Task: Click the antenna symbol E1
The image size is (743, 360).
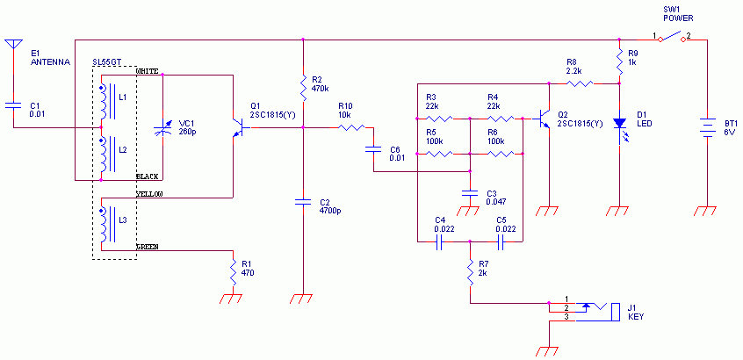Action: click(x=12, y=44)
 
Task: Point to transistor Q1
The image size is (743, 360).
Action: click(x=236, y=128)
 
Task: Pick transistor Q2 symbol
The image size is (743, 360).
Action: click(x=545, y=118)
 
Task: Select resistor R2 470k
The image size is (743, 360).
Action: click(x=303, y=86)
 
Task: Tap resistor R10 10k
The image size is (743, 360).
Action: click(x=350, y=128)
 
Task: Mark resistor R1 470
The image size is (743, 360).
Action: click(x=232, y=265)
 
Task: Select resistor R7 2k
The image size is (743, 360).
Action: click(x=471, y=267)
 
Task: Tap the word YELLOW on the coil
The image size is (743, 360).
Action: click(x=149, y=193)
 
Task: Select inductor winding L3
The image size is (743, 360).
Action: click(x=106, y=225)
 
